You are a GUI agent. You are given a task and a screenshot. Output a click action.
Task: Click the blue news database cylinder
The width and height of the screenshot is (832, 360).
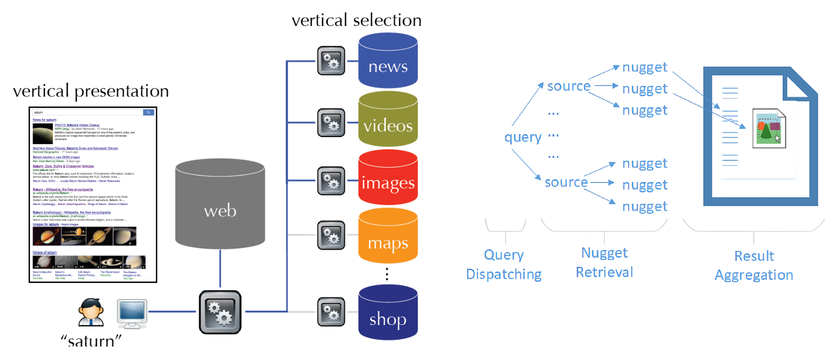coord(388,60)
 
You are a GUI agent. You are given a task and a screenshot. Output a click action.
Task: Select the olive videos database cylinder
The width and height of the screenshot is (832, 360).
coord(388,119)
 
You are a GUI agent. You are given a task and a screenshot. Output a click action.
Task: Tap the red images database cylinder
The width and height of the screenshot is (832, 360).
coord(388,177)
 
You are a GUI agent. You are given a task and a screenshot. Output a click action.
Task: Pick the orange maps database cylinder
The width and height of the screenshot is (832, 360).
coord(388,236)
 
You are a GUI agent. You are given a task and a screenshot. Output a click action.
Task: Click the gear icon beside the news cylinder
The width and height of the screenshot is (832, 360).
coord(331,61)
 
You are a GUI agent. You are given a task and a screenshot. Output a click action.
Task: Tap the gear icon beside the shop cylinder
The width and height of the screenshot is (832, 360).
coord(331,312)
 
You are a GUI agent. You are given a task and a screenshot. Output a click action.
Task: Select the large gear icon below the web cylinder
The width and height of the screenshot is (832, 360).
coord(220,312)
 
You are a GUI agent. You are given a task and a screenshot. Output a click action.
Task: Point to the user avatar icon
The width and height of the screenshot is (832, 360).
coord(91,312)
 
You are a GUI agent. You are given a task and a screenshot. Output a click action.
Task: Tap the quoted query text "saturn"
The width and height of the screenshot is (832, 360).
coord(91,341)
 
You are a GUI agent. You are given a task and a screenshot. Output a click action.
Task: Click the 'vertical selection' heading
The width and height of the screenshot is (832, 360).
coord(356,20)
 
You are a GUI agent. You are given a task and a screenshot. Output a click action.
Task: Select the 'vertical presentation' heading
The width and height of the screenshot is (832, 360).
coord(91,91)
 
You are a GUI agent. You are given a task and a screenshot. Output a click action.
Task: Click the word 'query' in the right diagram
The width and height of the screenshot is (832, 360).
coord(523,137)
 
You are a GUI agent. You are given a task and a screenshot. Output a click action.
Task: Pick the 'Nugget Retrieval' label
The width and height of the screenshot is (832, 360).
coord(604,262)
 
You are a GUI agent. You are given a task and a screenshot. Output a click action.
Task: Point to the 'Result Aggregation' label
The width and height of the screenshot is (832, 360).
coord(754,265)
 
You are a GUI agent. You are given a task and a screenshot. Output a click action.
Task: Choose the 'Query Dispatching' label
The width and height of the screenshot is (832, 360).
coord(504,264)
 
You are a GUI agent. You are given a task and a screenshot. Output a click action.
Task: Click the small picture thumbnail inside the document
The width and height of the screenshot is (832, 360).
coord(769,128)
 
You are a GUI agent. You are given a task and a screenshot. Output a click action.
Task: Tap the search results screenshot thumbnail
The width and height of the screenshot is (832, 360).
coord(93,194)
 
